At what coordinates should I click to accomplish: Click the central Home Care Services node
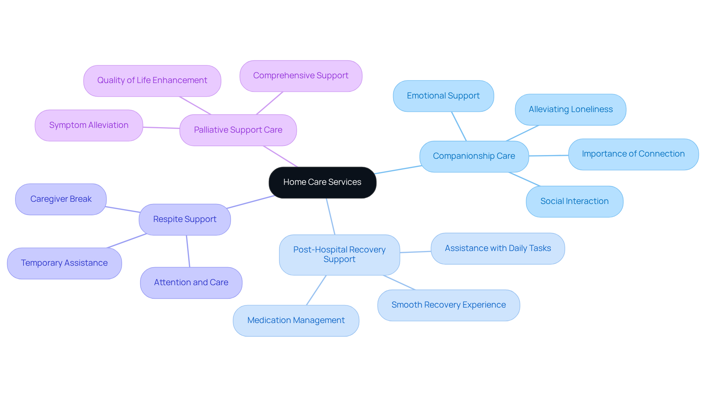pyautogui.click(x=322, y=182)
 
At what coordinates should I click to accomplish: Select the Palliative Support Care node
pyautogui.click(x=238, y=130)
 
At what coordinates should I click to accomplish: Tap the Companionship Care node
pyautogui.click(x=474, y=156)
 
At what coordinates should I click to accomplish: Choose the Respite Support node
pyautogui.click(x=185, y=219)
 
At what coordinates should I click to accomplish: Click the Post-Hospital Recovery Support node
pyautogui.click(x=339, y=255)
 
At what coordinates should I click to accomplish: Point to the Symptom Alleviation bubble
pyautogui.click(x=89, y=125)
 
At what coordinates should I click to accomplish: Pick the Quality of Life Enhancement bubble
pyautogui.click(x=152, y=80)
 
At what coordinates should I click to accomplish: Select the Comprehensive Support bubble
pyautogui.click(x=300, y=76)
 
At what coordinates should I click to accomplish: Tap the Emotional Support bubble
pyautogui.click(x=443, y=96)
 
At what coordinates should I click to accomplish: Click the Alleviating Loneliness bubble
pyautogui.click(x=570, y=110)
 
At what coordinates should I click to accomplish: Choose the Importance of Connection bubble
pyautogui.click(x=633, y=154)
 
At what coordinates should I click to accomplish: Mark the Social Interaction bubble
pyautogui.click(x=574, y=201)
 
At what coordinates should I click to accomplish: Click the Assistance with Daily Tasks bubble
pyautogui.click(x=498, y=248)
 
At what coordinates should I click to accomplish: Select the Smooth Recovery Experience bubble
pyautogui.click(x=448, y=305)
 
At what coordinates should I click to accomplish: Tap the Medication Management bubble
pyautogui.click(x=296, y=320)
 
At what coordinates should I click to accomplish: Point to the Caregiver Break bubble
pyautogui.click(x=61, y=199)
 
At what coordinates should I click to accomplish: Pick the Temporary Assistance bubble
pyautogui.click(x=64, y=263)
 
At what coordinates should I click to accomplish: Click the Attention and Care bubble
pyautogui.click(x=191, y=283)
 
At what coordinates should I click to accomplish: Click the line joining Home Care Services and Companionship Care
pyautogui.click(x=398, y=169)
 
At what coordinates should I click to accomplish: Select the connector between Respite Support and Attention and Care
pyautogui.click(x=188, y=251)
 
